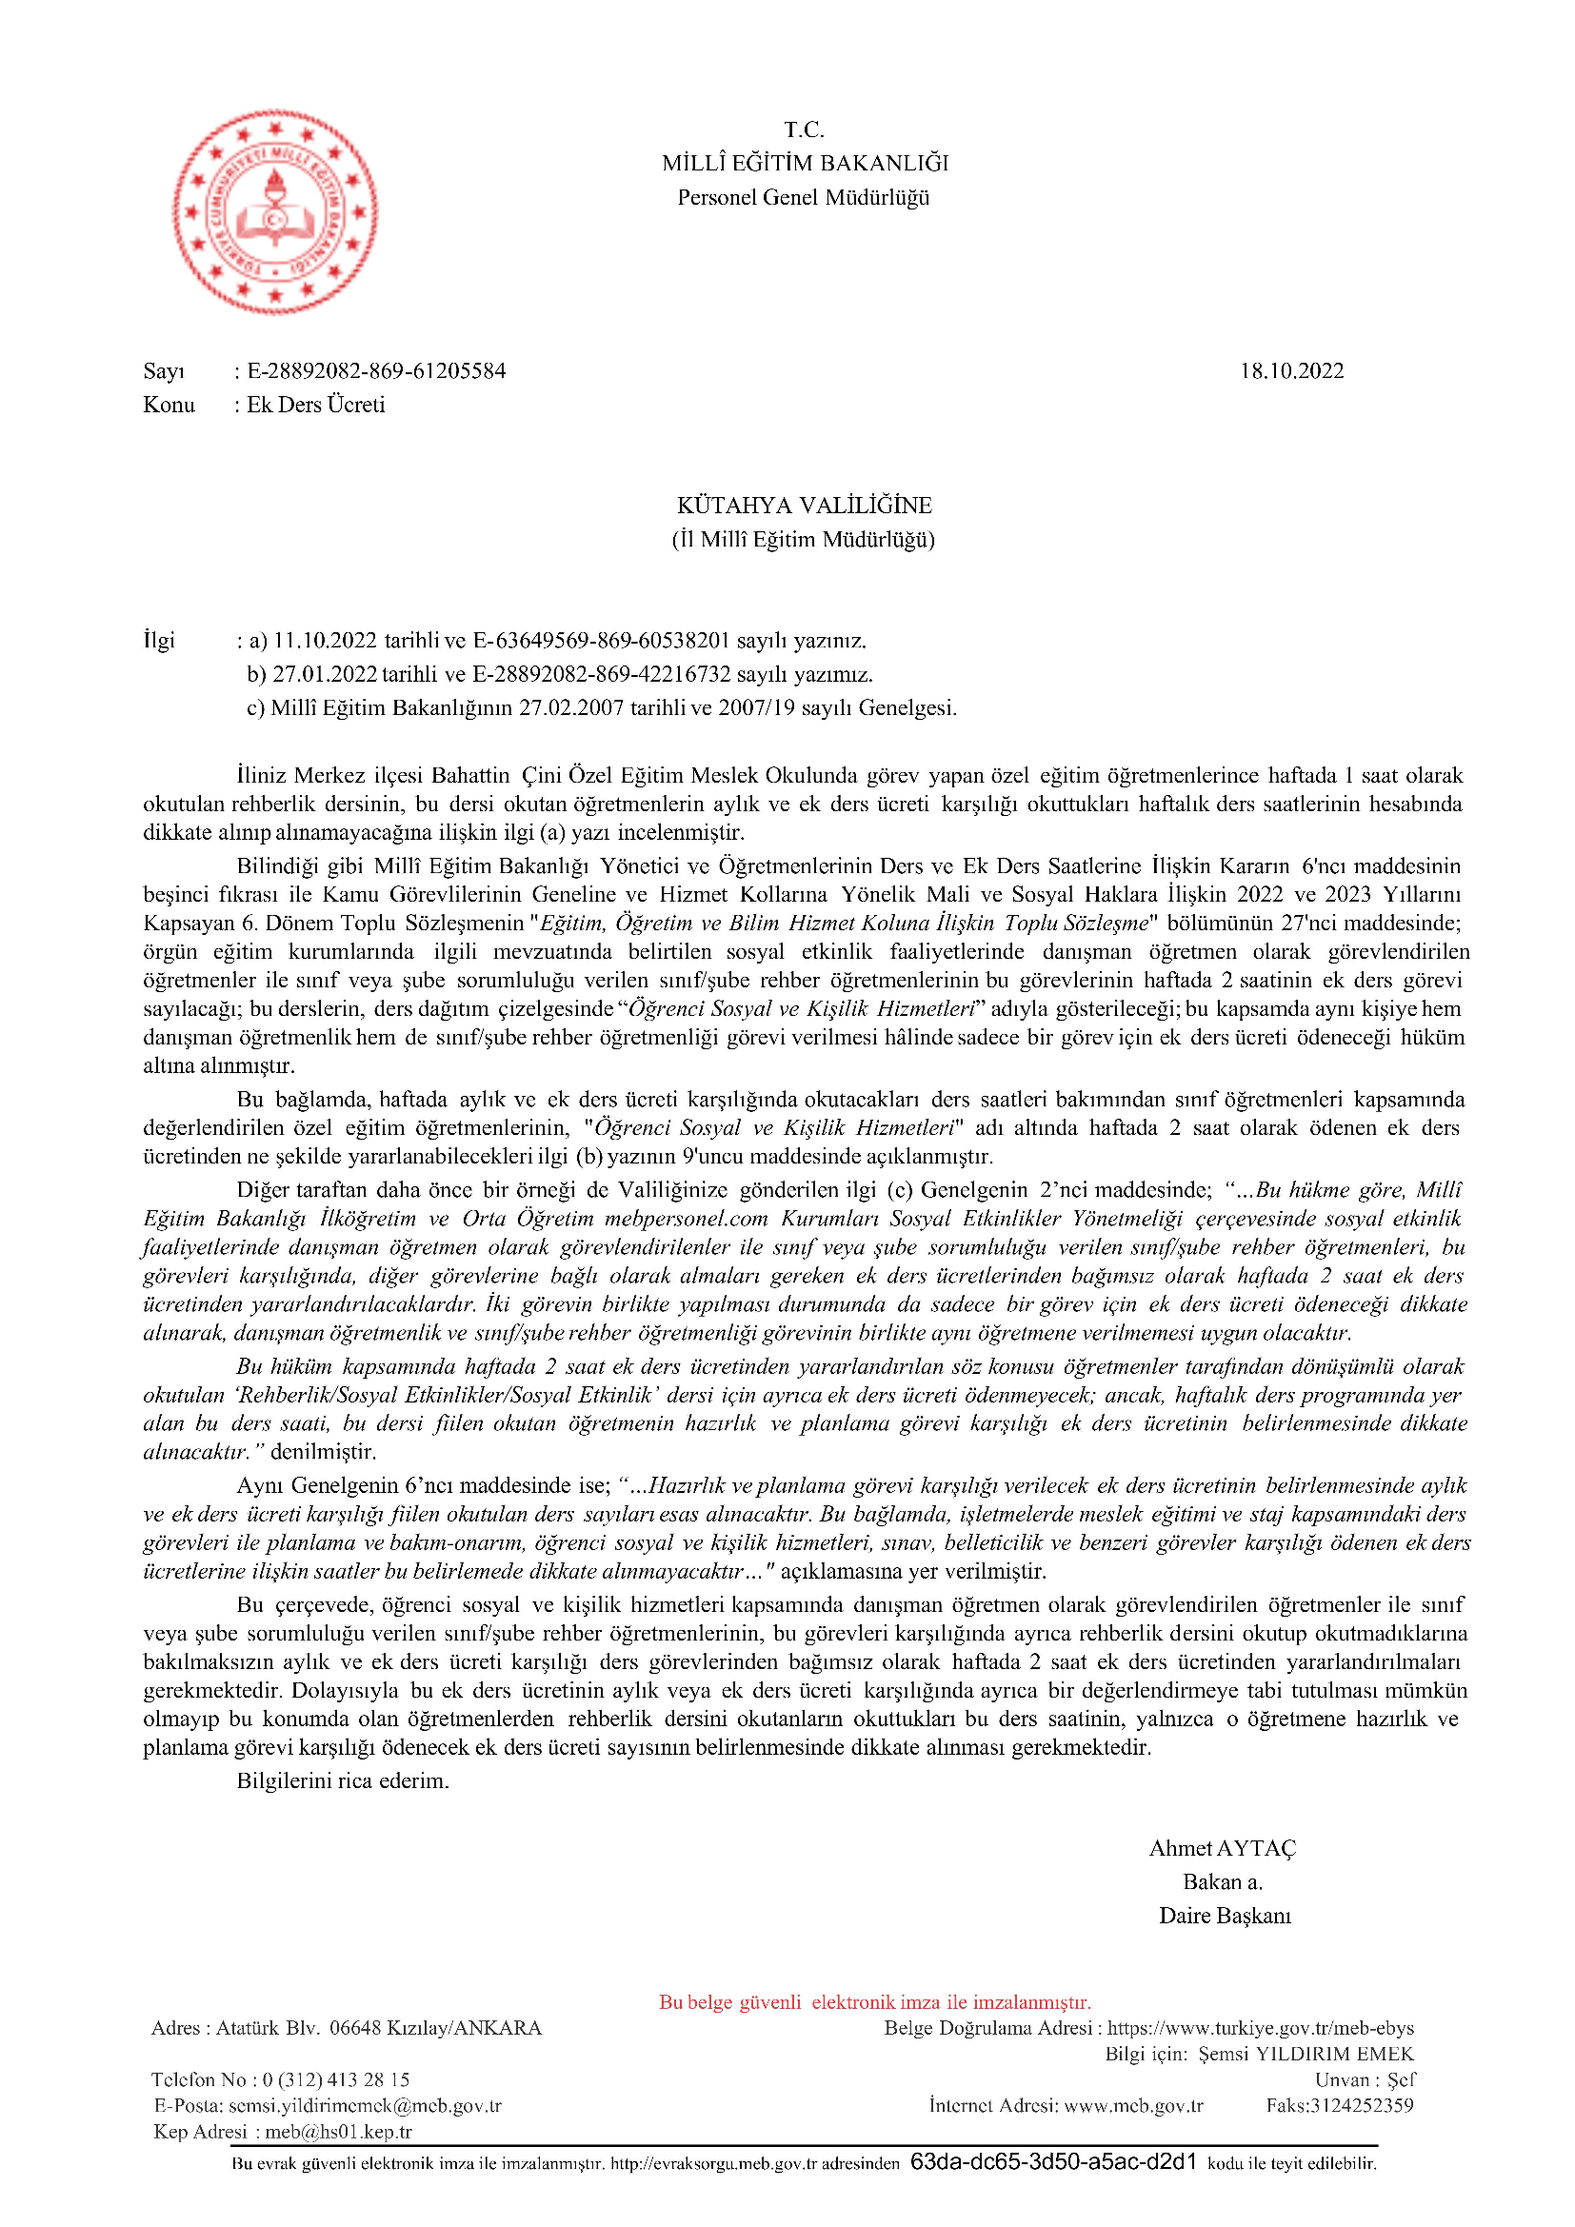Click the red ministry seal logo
click(x=275, y=211)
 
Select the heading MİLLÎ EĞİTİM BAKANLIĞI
click(x=805, y=163)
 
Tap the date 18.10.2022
click(x=1291, y=370)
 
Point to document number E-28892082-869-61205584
click(x=376, y=370)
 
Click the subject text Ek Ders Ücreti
click(x=315, y=405)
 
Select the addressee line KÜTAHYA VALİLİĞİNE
click(x=804, y=506)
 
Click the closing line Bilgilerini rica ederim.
click(x=344, y=1780)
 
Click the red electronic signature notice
click(x=875, y=2002)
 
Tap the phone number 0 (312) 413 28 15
click(x=335, y=2079)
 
